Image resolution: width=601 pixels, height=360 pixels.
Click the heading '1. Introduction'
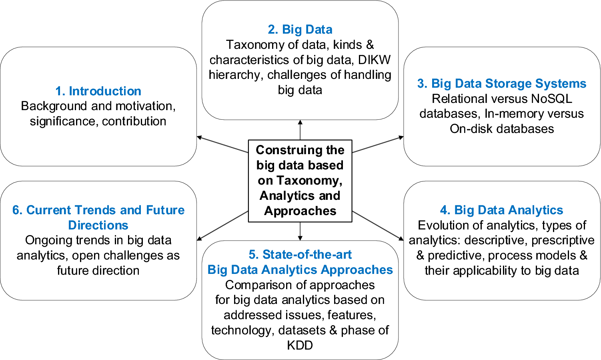point(98,91)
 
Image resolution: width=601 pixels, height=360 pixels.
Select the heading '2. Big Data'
point(300,29)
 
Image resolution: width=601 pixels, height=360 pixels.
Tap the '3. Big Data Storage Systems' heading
point(502,83)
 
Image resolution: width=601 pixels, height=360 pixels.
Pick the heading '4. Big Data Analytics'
point(502,210)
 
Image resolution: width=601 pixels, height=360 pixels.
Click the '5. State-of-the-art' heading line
point(300,254)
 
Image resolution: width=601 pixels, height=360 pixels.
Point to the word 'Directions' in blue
point(98,225)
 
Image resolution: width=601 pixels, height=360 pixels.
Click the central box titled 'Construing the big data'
point(300,181)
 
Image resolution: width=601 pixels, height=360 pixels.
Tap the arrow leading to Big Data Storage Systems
point(378,145)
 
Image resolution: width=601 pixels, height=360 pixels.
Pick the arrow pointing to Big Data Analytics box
point(378,226)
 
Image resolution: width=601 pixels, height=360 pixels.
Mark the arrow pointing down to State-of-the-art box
point(300,231)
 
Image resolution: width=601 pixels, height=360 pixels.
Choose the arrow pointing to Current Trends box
point(222,226)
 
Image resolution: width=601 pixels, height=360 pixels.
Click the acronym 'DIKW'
point(374,60)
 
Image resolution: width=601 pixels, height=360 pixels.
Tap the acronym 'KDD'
point(300,345)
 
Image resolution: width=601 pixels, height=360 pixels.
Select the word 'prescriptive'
point(563,240)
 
